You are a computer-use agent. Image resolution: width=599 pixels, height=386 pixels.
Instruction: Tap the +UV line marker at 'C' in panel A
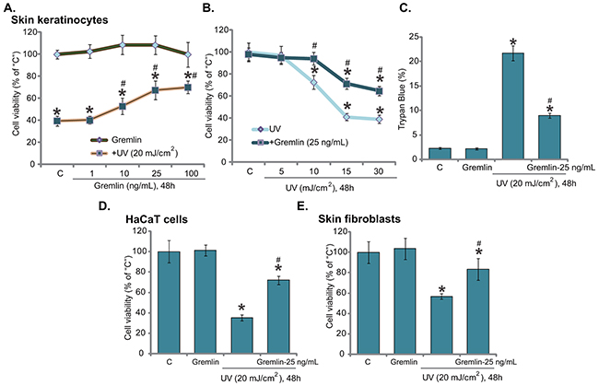(58, 121)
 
